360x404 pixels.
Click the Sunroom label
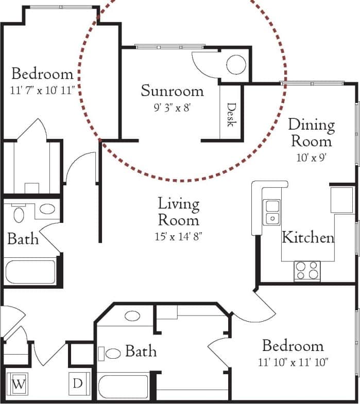pyautogui.click(x=172, y=91)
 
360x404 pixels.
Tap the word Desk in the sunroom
pyautogui.click(x=231, y=114)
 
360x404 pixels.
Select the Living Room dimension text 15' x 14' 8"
pyautogui.click(x=178, y=237)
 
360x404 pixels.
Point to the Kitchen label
pyautogui.click(x=308, y=238)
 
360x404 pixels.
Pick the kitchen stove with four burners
pyautogui.click(x=307, y=271)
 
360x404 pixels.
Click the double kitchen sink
pyautogui.click(x=271, y=212)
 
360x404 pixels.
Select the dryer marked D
pyautogui.click(x=78, y=383)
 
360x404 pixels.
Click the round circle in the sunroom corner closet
pyautogui.click(x=235, y=65)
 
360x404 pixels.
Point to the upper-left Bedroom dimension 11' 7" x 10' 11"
pyautogui.click(x=42, y=90)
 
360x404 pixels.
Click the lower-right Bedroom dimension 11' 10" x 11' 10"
pyautogui.click(x=293, y=362)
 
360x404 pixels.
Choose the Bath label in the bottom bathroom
pyautogui.click(x=141, y=352)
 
